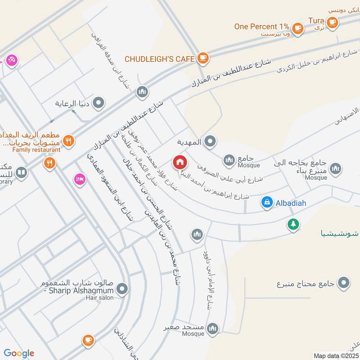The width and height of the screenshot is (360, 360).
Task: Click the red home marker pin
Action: (x=180, y=162)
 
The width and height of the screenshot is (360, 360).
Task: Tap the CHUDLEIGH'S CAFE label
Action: (x=159, y=58)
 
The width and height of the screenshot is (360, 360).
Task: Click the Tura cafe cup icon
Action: (x=332, y=22)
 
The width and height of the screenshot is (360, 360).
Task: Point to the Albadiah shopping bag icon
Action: (x=267, y=203)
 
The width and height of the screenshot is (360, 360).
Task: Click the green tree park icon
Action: (x=293, y=224)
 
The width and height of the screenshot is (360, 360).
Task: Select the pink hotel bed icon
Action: (x=80, y=179)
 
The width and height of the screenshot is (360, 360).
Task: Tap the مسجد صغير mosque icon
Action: (x=213, y=328)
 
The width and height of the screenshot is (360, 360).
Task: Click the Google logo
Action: (x=19, y=353)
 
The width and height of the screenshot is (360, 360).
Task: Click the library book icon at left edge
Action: (x=21, y=172)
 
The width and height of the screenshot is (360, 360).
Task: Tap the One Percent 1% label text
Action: (x=261, y=27)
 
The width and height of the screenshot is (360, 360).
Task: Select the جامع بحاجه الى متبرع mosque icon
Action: (x=335, y=169)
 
